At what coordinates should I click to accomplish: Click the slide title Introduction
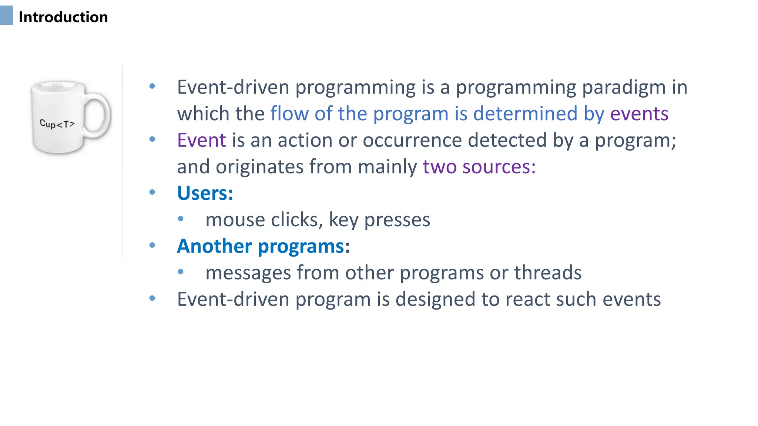pos(63,17)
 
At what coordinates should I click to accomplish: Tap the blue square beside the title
pos(6,16)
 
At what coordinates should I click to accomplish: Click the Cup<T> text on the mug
pos(57,124)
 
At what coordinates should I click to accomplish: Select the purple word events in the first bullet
pos(639,114)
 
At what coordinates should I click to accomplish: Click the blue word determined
pos(525,114)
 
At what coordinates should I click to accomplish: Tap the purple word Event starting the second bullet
pos(201,141)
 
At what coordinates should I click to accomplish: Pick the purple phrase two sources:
pos(479,167)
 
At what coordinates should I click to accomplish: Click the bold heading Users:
pos(205,193)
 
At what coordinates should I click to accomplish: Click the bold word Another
pos(214,247)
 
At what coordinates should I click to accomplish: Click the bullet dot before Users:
pos(152,192)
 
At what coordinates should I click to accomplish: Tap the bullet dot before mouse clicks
pos(181,219)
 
